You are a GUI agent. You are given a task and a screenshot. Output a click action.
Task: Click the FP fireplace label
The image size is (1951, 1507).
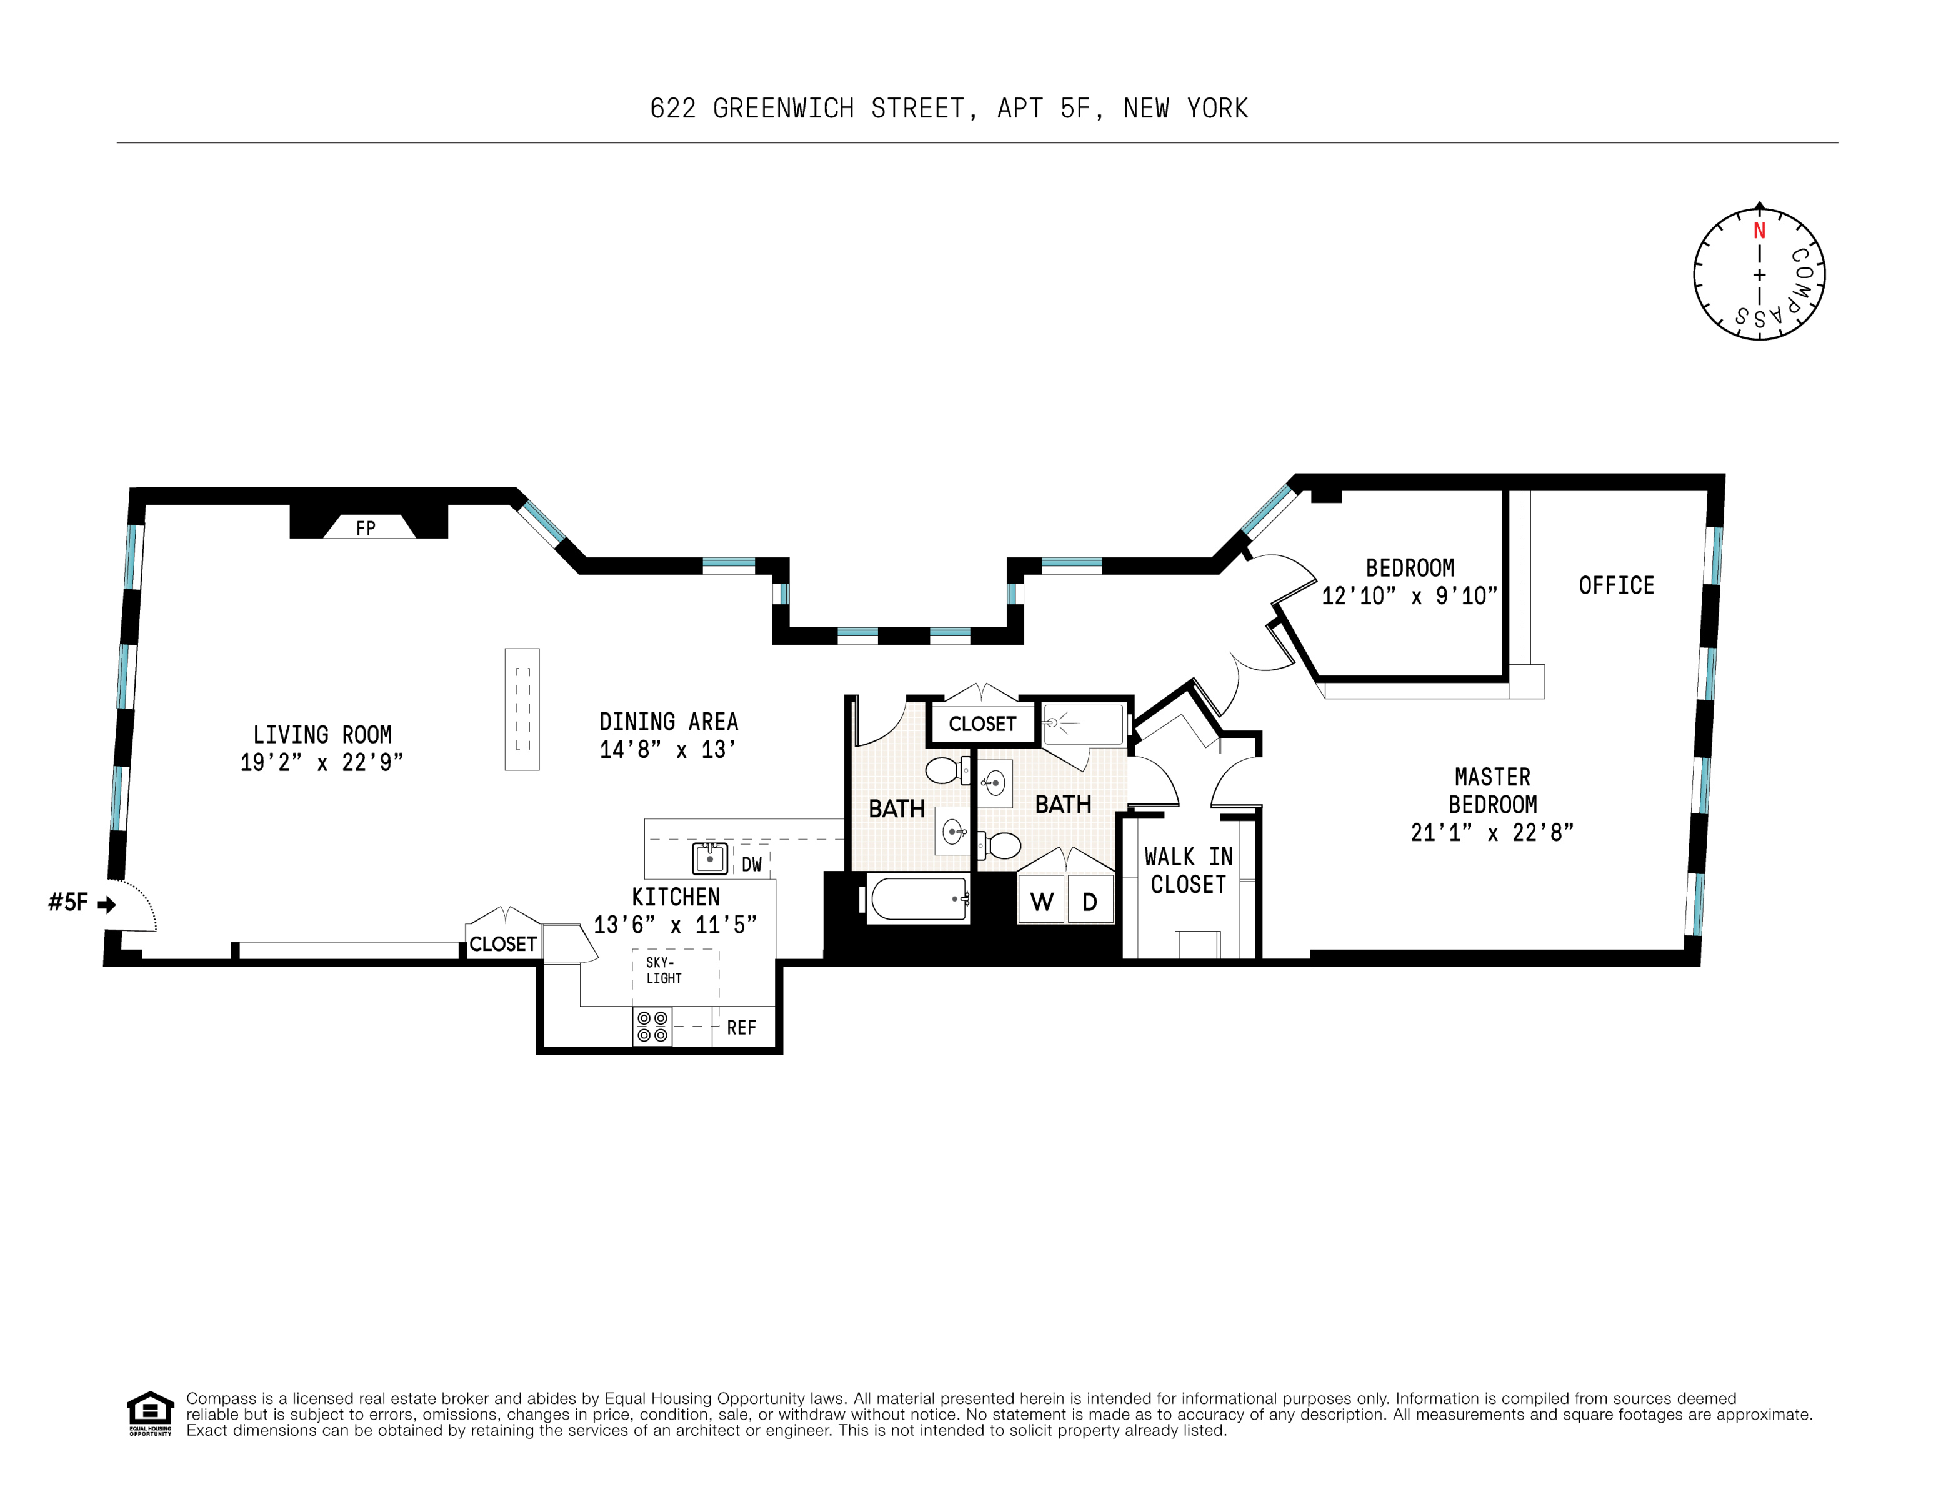(x=366, y=528)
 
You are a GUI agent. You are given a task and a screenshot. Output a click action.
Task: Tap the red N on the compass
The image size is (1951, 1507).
(x=1759, y=231)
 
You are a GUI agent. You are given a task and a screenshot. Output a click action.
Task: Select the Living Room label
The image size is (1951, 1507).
(x=322, y=734)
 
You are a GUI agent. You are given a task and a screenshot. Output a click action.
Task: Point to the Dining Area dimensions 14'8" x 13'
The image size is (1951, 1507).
(x=668, y=750)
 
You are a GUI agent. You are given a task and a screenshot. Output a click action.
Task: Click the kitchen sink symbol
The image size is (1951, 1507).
(x=710, y=858)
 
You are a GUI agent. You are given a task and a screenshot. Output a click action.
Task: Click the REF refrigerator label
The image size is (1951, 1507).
(x=741, y=1027)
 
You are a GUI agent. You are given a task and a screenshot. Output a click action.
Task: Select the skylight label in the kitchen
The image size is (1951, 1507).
(x=664, y=970)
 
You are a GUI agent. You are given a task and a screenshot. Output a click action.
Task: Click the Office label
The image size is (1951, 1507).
(x=1616, y=585)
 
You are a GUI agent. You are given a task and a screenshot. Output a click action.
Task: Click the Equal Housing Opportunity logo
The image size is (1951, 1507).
(x=150, y=1413)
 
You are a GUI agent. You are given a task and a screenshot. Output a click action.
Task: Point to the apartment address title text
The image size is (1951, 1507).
(x=949, y=108)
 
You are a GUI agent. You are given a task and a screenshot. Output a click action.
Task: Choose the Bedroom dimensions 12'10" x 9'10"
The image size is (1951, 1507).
(x=1410, y=596)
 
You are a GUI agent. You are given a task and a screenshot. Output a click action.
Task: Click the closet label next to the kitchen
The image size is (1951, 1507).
(x=503, y=943)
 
